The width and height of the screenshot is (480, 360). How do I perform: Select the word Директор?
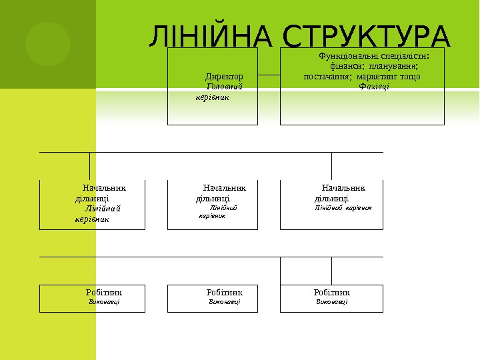(223, 77)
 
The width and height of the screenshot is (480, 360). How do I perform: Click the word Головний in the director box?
(224, 87)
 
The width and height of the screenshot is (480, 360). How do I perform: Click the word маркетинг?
(379, 76)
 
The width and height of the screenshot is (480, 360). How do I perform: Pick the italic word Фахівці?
(374, 86)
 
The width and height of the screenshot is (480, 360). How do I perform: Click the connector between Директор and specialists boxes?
(269, 75)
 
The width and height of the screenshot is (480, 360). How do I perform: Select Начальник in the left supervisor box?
(104, 188)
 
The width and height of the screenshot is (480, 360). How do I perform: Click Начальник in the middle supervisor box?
(224, 188)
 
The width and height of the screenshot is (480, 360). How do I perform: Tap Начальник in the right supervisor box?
(343, 188)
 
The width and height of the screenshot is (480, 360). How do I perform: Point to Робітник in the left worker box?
(104, 292)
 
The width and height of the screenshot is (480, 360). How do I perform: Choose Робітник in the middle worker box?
(225, 292)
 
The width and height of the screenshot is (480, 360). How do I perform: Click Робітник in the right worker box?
(331, 292)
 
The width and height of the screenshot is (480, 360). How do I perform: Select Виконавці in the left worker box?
(105, 302)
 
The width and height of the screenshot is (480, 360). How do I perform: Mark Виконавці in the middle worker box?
(224, 302)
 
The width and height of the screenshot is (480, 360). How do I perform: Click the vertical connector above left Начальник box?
(89, 165)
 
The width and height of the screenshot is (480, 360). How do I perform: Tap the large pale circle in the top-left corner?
(48, 44)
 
